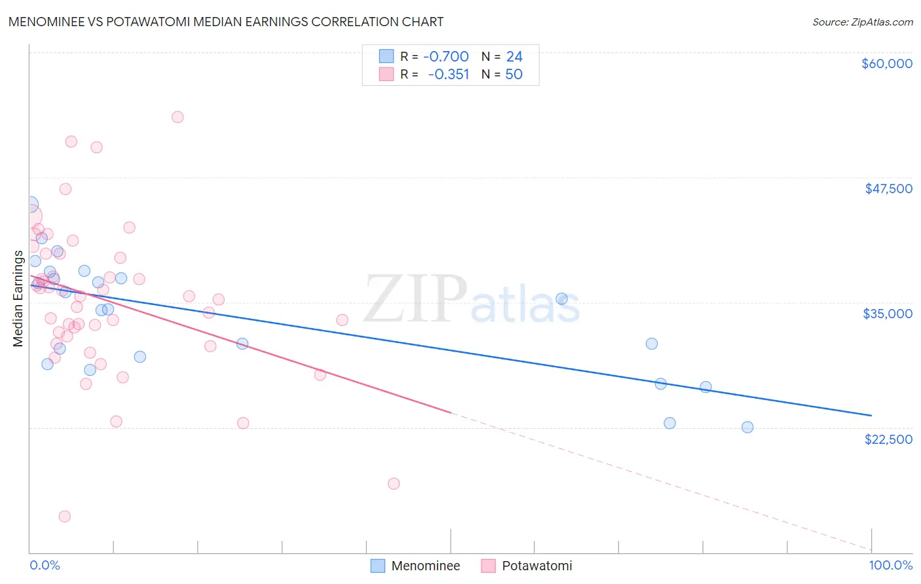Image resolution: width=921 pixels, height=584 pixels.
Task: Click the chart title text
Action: (x=226, y=22)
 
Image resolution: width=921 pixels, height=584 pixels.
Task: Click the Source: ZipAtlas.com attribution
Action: (x=862, y=22)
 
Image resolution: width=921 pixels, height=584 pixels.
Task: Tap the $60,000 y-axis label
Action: (x=886, y=64)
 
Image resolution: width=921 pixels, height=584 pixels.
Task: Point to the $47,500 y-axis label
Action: (x=888, y=189)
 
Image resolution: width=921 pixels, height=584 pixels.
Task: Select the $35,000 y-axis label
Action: (x=888, y=314)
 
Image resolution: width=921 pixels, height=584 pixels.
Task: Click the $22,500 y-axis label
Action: (x=888, y=439)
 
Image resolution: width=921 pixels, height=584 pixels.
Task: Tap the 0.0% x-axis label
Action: (x=45, y=565)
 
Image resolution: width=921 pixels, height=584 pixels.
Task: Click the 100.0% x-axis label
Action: (x=890, y=565)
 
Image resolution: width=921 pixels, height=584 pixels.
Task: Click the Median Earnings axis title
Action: (x=18, y=299)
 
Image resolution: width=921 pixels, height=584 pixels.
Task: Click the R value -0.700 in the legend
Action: (x=445, y=57)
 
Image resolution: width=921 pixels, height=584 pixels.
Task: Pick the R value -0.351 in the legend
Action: (x=448, y=75)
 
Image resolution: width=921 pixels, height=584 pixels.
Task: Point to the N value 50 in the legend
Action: (x=514, y=75)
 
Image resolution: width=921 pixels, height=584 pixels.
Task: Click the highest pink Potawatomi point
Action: (x=178, y=117)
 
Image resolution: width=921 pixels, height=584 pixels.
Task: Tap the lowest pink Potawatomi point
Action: (x=65, y=517)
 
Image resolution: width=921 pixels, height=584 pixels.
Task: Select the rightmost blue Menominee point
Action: (x=747, y=428)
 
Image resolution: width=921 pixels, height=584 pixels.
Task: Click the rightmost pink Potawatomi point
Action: (x=394, y=484)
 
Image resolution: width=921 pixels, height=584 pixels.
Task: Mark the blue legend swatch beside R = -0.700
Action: (x=386, y=57)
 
